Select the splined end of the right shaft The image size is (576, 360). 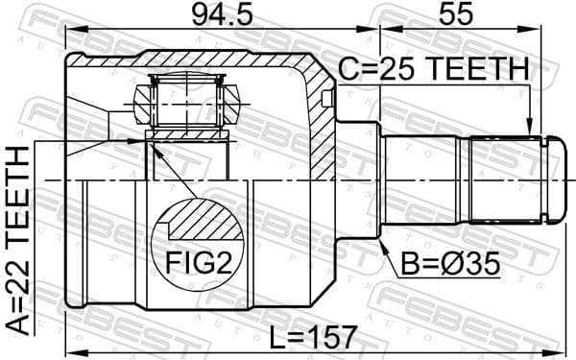point(504,180)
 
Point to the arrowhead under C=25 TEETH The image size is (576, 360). point(529,130)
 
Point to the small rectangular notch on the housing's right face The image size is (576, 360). point(328,97)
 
